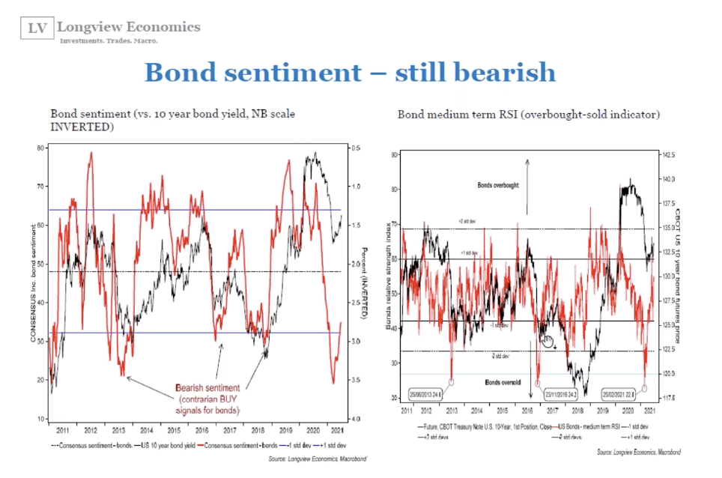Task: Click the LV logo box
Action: click(36, 29)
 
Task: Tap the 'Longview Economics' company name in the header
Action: click(130, 27)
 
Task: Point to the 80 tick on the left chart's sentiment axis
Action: click(40, 148)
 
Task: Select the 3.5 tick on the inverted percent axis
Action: click(357, 380)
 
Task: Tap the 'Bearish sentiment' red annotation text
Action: click(207, 388)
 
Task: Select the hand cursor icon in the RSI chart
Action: click(547, 342)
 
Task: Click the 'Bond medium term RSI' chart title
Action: click(529, 115)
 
